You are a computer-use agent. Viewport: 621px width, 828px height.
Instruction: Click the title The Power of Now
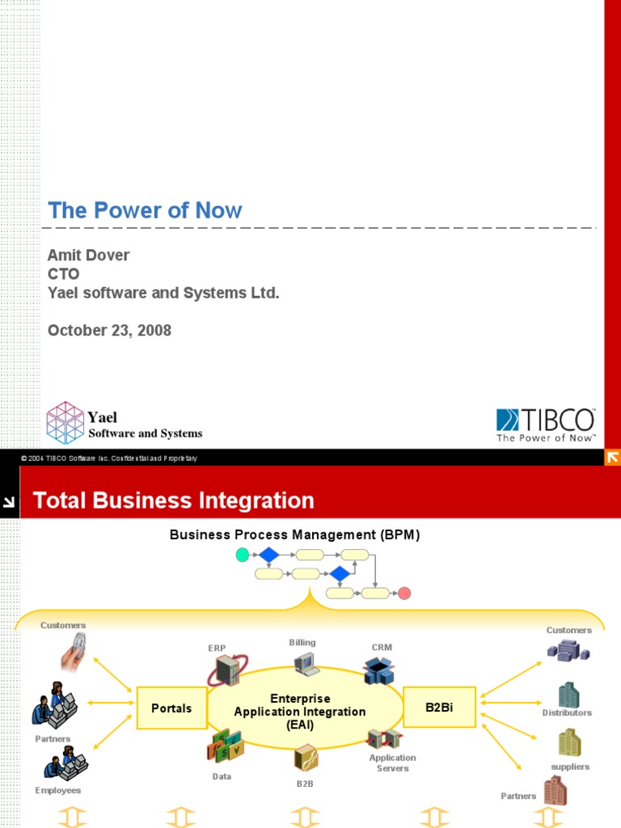tap(145, 211)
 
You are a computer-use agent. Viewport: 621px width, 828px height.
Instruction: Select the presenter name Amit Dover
tap(89, 256)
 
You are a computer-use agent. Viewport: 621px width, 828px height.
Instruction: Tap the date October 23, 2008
tap(109, 330)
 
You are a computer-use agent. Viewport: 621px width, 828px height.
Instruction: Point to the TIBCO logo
tap(545, 425)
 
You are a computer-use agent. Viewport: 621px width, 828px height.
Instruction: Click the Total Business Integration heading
tap(173, 501)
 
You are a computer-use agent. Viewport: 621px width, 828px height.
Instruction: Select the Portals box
tap(171, 708)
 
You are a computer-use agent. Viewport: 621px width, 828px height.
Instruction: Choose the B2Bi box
tap(439, 708)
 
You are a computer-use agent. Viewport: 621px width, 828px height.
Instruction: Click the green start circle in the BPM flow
tap(243, 555)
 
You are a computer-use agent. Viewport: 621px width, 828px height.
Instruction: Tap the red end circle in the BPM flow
tap(404, 594)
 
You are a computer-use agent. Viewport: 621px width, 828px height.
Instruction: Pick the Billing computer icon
tap(306, 664)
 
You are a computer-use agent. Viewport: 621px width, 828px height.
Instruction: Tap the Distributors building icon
tap(568, 695)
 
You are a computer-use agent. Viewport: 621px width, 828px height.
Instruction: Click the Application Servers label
tap(392, 763)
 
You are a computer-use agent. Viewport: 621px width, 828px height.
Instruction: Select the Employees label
tap(58, 790)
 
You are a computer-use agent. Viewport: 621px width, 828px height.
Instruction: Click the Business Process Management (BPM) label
tap(294, 534)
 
